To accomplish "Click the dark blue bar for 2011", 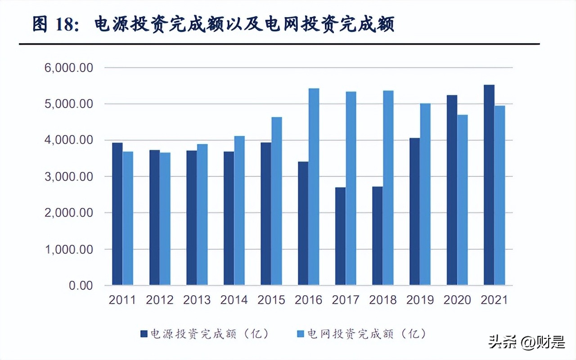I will click(x=117, y=214).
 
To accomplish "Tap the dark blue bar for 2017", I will click(x=340, y=236).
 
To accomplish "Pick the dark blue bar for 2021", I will click(x=489, y=185).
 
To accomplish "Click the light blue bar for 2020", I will click(x=462, y=200).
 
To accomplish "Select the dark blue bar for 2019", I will click(x=414, y=211).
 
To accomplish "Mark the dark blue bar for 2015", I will click(x=266, y=214).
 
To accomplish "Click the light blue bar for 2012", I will click(x=165, y=221).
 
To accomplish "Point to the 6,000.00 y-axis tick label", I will click(x=69, y=67).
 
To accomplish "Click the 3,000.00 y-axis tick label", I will click(x=69, y=176).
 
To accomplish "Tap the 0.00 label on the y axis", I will click(x=81, y=285).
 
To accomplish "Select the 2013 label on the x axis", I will click(x=197, y=300).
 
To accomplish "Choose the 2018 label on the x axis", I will click(x=383, y=300).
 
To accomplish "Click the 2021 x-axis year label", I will click(x=494, y=300).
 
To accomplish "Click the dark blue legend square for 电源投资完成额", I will click(x=144, y=334).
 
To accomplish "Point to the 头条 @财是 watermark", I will click(x=526, y=343).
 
